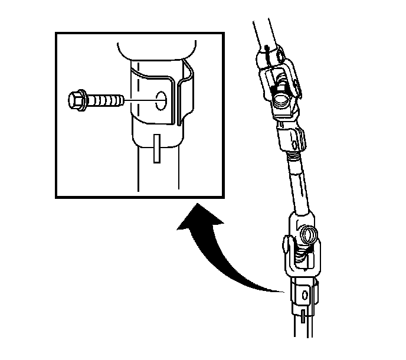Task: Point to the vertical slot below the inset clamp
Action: pos(155,148)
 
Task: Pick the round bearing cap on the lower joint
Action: pos(307,235)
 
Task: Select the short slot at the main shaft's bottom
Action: pos(302,315)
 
